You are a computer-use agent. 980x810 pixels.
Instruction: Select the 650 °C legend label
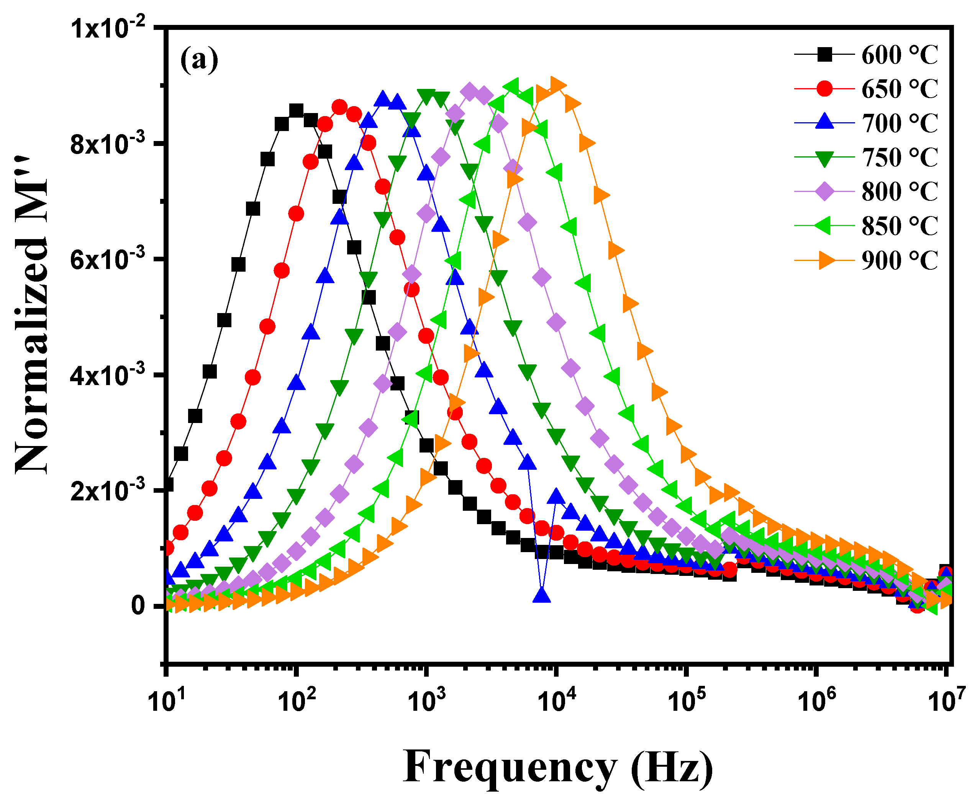[898, 89]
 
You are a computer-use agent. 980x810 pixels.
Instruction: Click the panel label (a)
[199, 60]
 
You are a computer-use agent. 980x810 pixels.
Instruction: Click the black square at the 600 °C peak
[296, 111]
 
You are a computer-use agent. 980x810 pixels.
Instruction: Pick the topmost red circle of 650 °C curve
[339, 107]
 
